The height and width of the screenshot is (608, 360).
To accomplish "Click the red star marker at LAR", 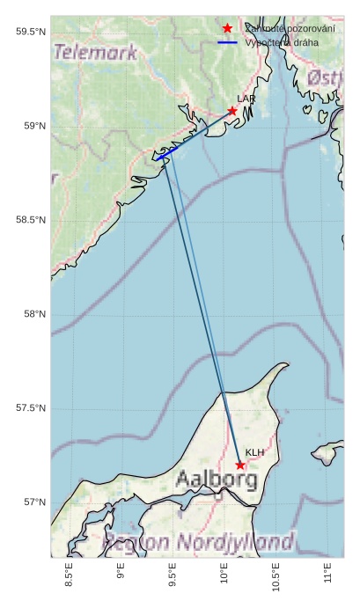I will click(232, 111).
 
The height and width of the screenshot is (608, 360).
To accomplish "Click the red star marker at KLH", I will click(240, 465).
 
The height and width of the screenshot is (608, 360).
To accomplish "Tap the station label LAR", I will click(246, 99).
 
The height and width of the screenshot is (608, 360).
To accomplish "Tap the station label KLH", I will click(254, 452).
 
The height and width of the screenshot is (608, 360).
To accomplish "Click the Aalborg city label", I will click(216, 480).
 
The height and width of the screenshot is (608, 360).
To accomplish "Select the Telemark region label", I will click(95, 52).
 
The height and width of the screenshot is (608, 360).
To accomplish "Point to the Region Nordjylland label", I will click(199, 541).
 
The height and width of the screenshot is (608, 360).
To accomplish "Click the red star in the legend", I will click(227, 28).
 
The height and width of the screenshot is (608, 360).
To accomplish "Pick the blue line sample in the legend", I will click(227, 42).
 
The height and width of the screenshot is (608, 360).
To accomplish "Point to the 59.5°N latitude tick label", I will click(31, 33).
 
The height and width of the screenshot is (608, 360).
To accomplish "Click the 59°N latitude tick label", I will click(34, 127).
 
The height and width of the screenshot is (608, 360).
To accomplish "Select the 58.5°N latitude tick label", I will click(31, 220).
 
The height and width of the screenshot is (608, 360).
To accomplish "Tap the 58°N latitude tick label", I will click(34, 314).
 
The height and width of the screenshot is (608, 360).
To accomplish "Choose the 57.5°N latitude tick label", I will click(31, 408).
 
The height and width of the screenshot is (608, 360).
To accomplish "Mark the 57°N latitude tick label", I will click(34, 502).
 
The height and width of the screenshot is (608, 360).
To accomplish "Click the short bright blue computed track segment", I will click(167, 153).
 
